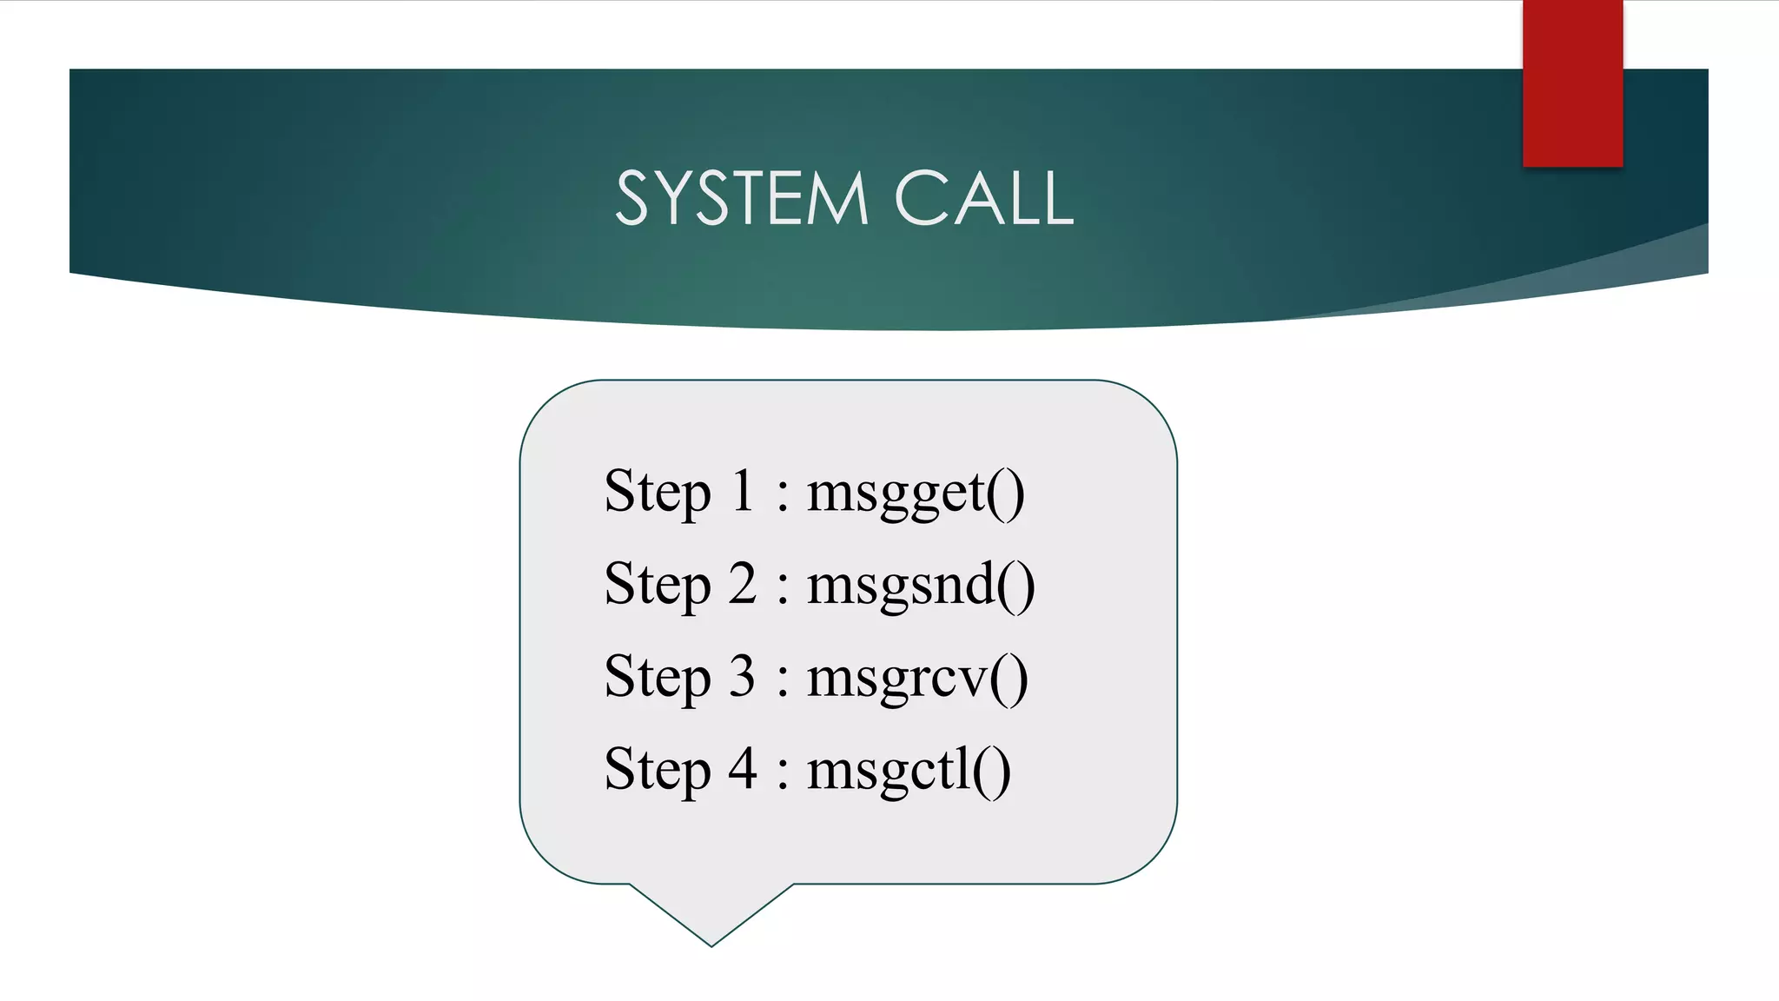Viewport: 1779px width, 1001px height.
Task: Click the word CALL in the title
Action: [984, 199]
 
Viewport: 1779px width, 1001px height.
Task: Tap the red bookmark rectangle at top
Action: [1572, 83]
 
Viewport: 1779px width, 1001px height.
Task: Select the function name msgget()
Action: [916, 493]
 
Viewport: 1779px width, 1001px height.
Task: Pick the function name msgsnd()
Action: [921, 585]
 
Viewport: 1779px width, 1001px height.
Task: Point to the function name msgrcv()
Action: [917, 678]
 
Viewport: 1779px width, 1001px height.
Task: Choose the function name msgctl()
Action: [909, 771]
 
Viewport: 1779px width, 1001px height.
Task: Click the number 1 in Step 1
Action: [743, 491]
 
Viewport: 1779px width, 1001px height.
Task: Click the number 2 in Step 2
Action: [743, 583]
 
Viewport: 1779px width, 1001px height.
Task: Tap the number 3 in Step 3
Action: [743, 676]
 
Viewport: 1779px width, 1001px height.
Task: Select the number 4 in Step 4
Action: [743, 769]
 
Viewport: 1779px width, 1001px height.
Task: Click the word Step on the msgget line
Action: [658, 493]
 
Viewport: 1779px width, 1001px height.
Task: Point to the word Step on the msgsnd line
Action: [658, 585]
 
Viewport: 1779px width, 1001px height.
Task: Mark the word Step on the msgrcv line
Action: [658, 678]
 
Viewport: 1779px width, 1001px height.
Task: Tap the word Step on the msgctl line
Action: [658, 771]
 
